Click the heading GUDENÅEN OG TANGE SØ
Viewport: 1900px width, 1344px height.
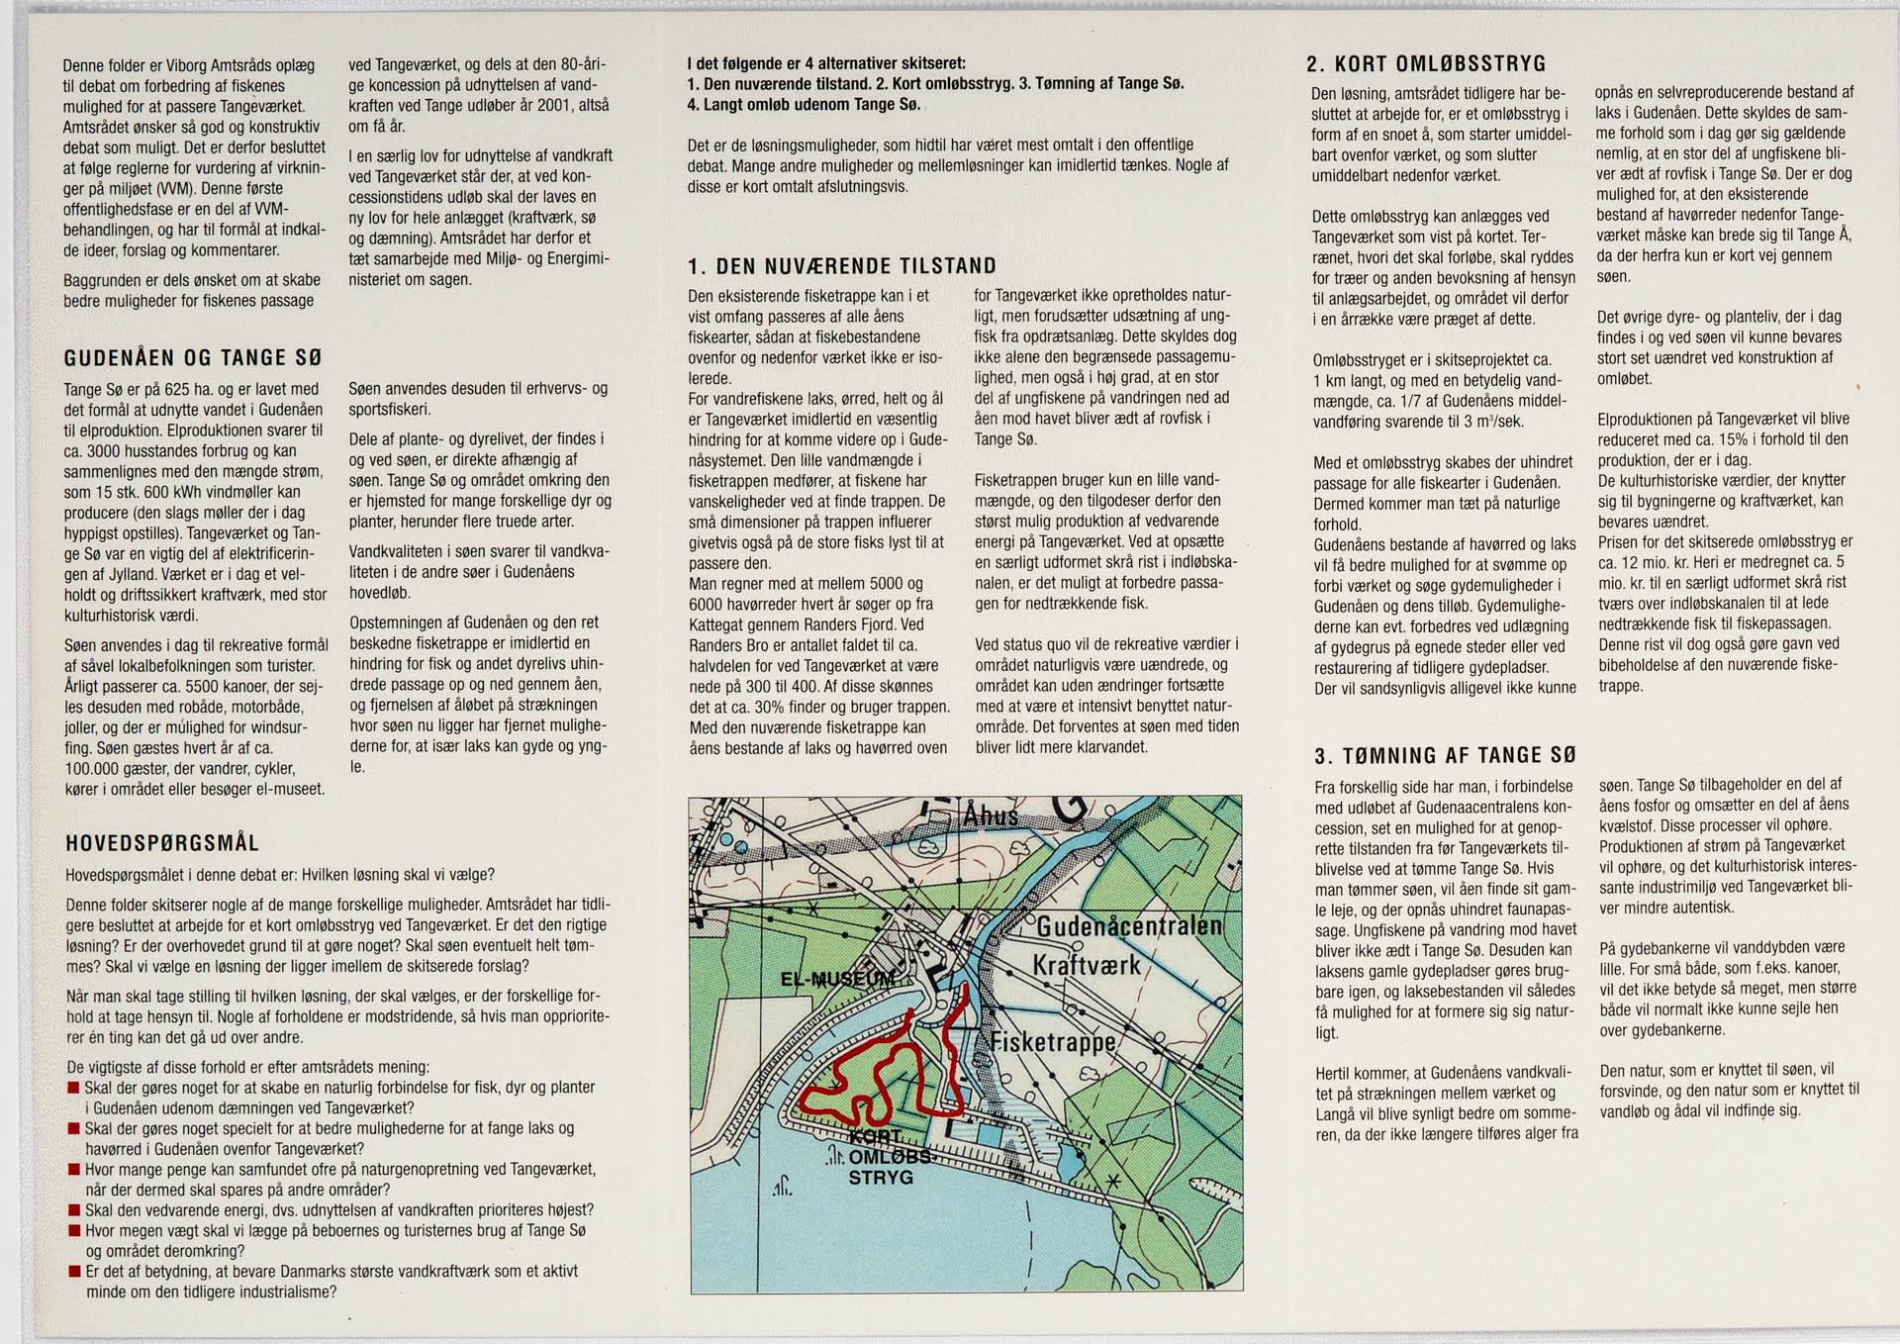pyautogui.click(x=192, y=358)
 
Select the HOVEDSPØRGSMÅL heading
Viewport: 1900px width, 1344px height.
pyautogui.click(x=162, y=844)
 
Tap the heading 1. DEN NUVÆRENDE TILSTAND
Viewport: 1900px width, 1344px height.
pyautogui.click(x=842, y=266)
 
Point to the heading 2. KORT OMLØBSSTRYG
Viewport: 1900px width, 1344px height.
pyautogui.click(x=1426, y=64)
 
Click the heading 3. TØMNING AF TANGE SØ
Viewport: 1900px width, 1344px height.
pyautogui.click(x=1445, y=756)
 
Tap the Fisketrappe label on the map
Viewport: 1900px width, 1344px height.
pyautogui.click(x=1053, y=1043)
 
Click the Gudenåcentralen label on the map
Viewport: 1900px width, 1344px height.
pyautogui.click(x=1129, y=927)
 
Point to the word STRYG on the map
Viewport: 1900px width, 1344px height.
pyautogui.click(x=881, y=1178)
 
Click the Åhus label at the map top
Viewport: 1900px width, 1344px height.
pyautogui.click(x=991, y=816)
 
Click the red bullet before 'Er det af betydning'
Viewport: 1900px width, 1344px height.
pyautogui.click(x=73, y=1272)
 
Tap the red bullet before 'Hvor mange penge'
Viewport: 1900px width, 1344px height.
pyautogui.click(x=73, y=1170)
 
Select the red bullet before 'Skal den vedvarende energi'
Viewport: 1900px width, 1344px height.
pyautogui.click(x=73, y=1210)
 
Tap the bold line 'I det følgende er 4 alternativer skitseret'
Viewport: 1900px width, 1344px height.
pyautogui.click(x=826, y=63)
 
